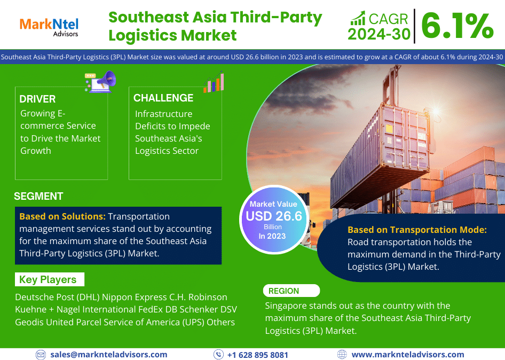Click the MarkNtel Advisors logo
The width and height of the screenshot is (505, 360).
point(49,27)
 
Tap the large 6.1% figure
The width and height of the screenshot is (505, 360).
point(457,26)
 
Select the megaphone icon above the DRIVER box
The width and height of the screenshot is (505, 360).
point(100,82)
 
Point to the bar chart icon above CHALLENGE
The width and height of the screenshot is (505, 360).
point(214,82)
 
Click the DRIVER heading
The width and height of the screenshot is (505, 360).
point(37,99)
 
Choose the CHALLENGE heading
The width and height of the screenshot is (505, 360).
point(163,98)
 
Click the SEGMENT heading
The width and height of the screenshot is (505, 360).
point(38,196)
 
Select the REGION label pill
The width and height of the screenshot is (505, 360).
point(291,291)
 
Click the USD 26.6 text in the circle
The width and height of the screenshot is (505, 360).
point(274,216)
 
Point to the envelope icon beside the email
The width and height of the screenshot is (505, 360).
point(41,355)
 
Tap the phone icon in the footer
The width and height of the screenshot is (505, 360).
point(218,355)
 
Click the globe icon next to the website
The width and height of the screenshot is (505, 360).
point(342,355)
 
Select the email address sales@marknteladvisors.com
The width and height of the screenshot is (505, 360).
point(109,355)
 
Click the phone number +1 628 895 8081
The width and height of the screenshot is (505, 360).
point(258,355)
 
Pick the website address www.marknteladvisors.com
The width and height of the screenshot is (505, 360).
point(408,355)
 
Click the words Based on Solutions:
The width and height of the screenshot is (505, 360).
point(62,216)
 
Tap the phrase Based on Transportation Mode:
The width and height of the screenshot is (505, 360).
point(417,230)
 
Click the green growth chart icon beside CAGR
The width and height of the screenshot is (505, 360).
point(358,18)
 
